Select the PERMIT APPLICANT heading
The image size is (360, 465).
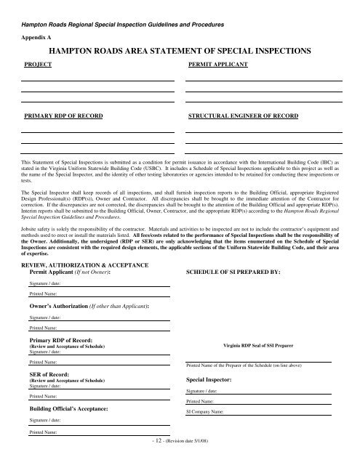pos(218,65)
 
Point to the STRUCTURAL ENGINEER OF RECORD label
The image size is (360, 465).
pos(243,116)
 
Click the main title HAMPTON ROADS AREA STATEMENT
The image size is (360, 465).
pos(180,51)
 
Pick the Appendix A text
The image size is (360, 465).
pos(35,34)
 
